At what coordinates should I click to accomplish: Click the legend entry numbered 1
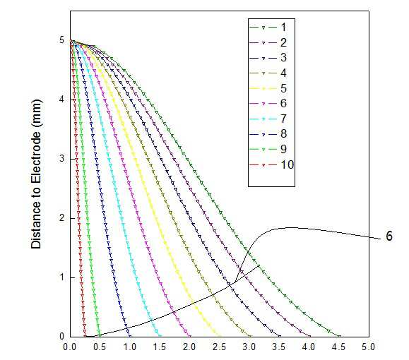(268, 27)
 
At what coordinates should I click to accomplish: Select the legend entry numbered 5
(268, 88)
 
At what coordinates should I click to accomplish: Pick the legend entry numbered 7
(268, 119)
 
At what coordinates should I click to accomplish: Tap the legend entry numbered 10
(271, 164)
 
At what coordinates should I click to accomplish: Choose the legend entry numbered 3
(268, 58)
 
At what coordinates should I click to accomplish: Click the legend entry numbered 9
(268, 150)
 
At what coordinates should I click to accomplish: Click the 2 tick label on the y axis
(62, 218)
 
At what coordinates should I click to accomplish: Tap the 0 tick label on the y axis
(62, 336)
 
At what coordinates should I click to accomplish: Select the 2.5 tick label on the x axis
(220, 347)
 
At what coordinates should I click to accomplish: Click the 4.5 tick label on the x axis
(339, 347)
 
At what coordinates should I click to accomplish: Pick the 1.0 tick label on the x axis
(130, 347)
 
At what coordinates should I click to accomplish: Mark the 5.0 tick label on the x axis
(369, 347)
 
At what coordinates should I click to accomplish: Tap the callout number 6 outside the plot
(389, 236)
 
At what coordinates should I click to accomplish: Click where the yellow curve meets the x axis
(220, 336)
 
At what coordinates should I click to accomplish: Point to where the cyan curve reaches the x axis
(160, 336)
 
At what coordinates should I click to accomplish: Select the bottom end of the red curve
(85, 336)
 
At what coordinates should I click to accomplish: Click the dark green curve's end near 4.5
(339, 336)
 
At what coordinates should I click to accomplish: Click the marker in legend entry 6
(263, 104)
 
